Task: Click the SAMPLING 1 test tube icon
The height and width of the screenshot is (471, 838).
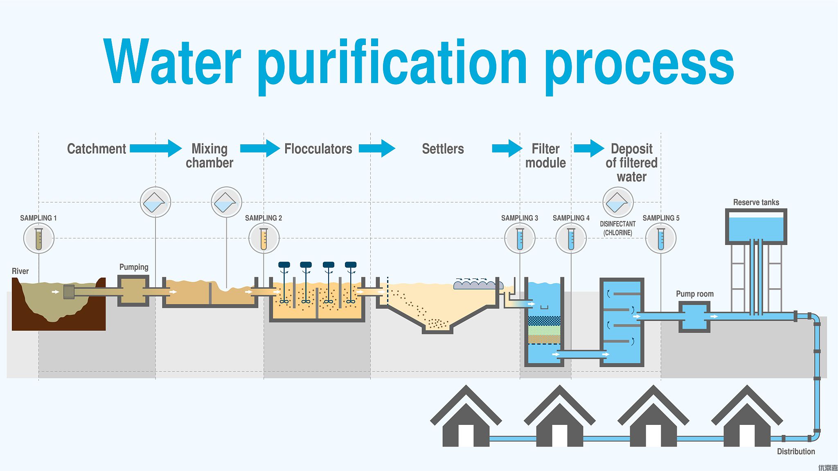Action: [39, 238]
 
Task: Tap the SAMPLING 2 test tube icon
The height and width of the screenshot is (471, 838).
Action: [264, 238]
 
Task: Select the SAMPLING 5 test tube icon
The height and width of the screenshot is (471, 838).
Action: [661, 238]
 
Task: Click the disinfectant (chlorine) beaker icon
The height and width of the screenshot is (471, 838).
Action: [618, 202]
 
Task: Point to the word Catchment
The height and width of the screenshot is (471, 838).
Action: [97, 149]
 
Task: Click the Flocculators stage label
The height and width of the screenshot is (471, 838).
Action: [318, 149]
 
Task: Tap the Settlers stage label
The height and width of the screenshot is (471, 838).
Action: [443, 149]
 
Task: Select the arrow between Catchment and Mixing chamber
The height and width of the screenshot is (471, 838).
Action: [155, 148]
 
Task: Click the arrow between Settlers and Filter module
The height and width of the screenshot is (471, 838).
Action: [507, 148]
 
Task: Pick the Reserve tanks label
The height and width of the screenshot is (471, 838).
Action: [756, 202]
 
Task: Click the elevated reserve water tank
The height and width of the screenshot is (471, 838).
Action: [756, 227]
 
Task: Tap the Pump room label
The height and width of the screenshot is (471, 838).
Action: [694, 294]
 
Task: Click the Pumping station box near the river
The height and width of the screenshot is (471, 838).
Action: [133, 291]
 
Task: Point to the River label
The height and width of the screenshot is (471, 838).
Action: [20, 271]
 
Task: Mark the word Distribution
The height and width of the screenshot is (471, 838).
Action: [796, 451]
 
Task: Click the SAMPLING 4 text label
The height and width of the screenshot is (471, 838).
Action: [571, 218]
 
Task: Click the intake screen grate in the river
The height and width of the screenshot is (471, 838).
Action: [69, 292]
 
